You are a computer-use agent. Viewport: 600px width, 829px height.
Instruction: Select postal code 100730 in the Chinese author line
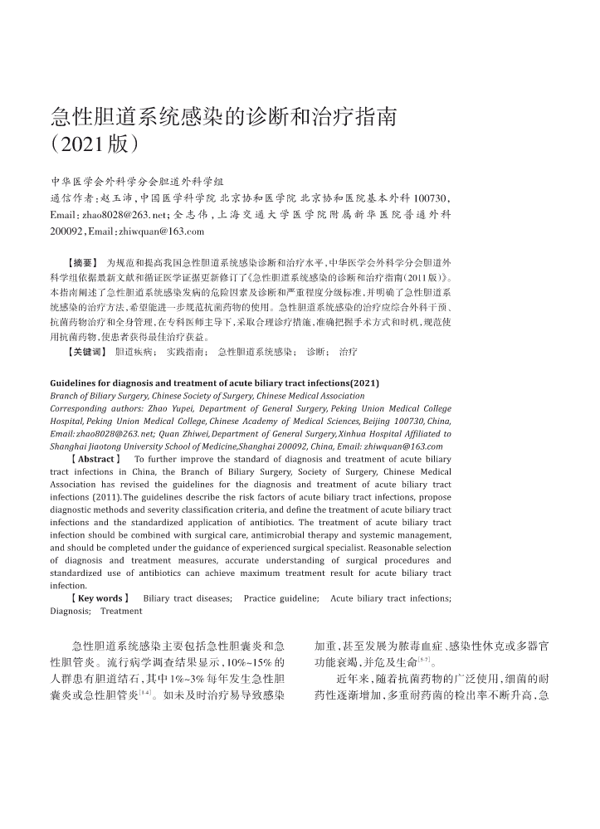431,197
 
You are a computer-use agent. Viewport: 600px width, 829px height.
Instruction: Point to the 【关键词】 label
87,352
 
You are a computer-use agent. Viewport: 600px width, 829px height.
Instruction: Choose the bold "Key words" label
100,597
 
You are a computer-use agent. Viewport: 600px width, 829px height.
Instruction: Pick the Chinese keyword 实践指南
187,352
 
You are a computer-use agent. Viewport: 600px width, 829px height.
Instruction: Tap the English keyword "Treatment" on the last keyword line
121,611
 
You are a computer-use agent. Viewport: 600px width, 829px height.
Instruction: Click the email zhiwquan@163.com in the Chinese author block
158,230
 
